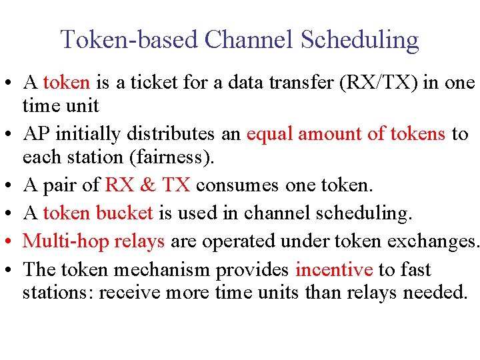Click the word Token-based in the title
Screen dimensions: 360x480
click(129, 39)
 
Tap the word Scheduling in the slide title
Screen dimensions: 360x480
click(359, 39)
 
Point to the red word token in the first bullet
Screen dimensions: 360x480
click(66, 83)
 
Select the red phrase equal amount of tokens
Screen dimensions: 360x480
click(346, 134)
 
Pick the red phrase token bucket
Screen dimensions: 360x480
click(98, 213)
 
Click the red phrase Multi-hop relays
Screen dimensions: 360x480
click(94, 241)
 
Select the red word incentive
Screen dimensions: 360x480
click(334, 269)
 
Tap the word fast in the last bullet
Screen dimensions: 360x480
click(414, 269)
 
